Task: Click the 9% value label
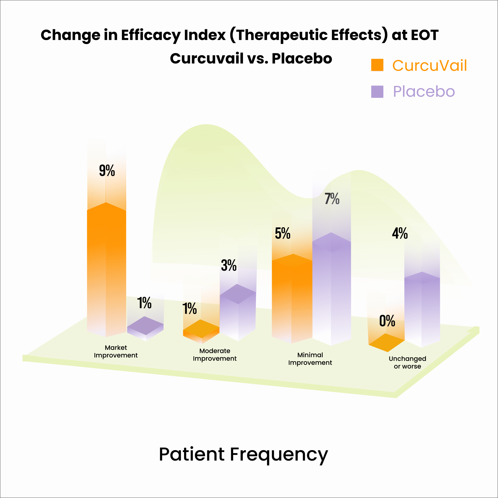107,170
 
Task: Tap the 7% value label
332,199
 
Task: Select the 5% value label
282,233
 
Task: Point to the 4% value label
400,233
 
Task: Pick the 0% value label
387,321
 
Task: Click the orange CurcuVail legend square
377,65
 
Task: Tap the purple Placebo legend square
377,91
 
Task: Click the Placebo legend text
424,91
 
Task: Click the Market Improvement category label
116,351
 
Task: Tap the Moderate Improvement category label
215,355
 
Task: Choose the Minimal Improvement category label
310,359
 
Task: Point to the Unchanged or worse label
407,362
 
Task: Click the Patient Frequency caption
243,454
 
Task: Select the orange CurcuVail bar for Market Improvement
106,270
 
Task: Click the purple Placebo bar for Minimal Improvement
331,289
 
